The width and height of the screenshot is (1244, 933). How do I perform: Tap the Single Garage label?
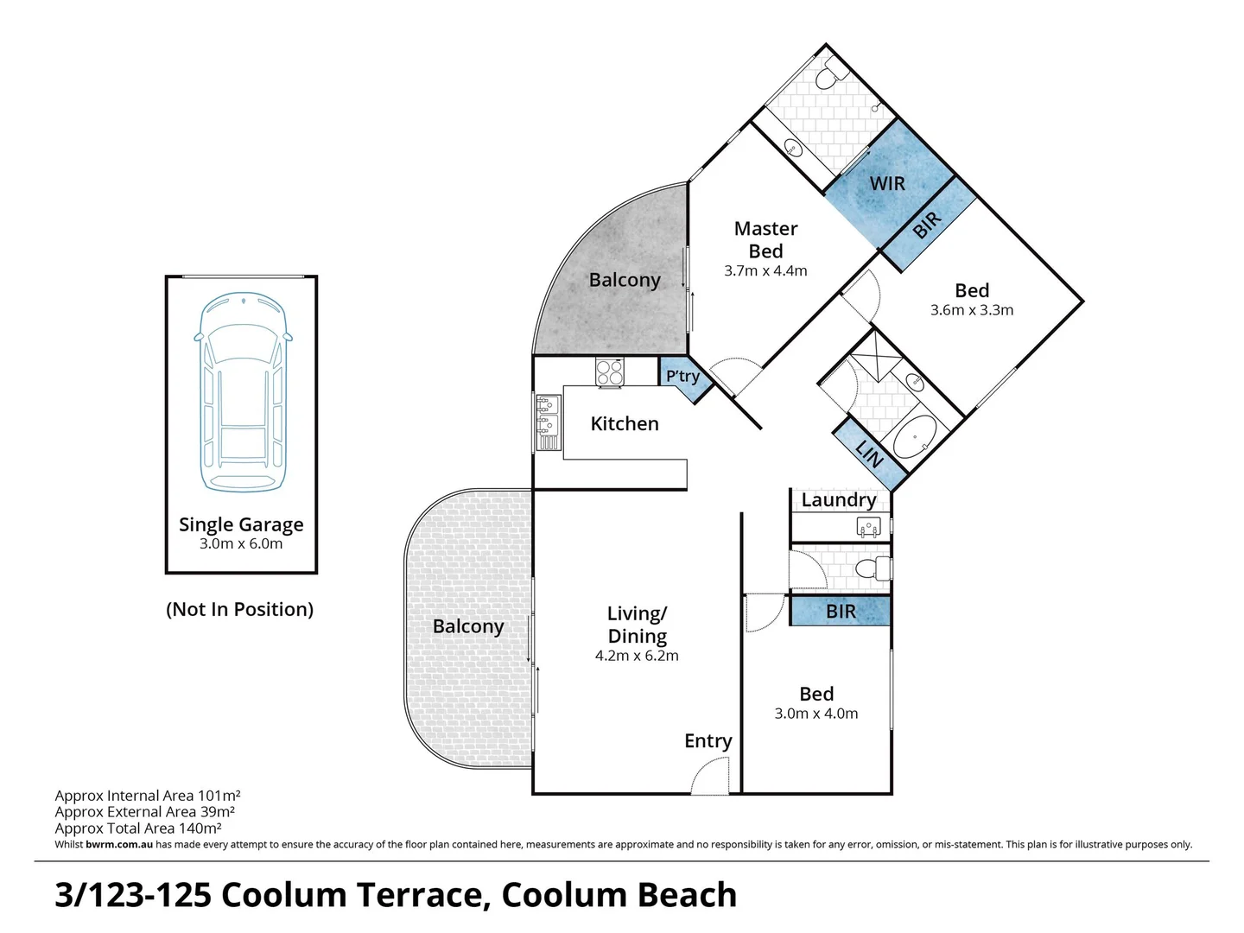click(241, 524)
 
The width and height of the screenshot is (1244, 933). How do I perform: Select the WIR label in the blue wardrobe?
click(887, 183)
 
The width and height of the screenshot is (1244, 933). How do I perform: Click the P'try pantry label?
click(682, 376)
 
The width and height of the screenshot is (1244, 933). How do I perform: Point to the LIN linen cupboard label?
click(869, 452)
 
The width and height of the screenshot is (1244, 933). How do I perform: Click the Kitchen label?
click(625, 423)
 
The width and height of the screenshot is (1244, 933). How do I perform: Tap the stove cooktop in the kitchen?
click(609, 371)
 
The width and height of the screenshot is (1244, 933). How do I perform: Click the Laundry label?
click(839, 499)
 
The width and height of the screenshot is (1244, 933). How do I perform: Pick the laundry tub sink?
click(868, 525)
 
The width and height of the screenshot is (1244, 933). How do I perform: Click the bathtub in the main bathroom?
click(915, 438)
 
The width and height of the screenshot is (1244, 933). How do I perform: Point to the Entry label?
click(708, 740)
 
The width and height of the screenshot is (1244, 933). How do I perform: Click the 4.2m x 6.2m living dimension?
click(637, 656)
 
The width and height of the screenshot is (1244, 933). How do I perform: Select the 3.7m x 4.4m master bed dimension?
click(765, 270)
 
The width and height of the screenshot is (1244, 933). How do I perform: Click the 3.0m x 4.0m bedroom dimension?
click(816, 714)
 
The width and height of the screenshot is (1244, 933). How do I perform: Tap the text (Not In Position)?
click(239, 609)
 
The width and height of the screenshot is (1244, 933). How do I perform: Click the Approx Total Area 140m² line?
click(138, 828)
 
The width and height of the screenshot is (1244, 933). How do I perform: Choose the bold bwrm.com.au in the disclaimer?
click(119, 844)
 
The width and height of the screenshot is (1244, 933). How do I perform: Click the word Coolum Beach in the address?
click(619, 895)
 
